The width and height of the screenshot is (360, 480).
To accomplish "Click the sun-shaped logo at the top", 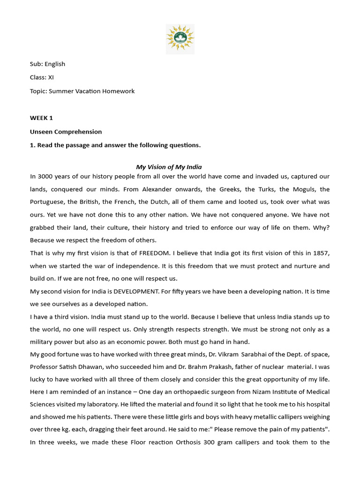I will [180, 39].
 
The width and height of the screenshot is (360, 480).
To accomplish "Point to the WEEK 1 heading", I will [41, 118].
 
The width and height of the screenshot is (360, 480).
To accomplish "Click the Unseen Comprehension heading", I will [66, 132].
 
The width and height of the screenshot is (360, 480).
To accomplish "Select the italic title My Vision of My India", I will [169, 167].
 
